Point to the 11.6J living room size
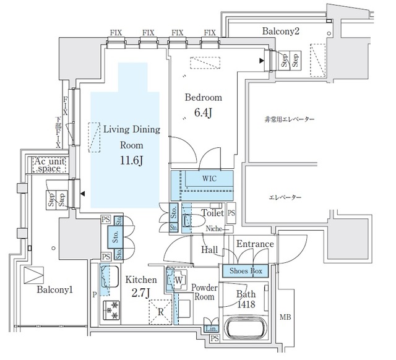click(131, 161)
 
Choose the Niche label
click(214, 229)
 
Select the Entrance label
click(254, 244)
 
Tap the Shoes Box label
click(246, 270)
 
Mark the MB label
click(285, 318)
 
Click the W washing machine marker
click(179, 280)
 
